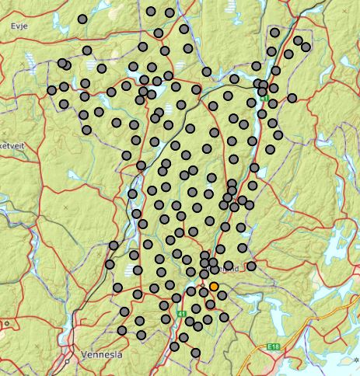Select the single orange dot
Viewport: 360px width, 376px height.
(214, 287)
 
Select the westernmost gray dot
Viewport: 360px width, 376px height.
(52, 90)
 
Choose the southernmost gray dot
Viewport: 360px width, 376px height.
(195, 353)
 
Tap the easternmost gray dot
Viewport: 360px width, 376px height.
(306, 47)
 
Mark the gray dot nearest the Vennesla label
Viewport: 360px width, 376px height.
(122, 331)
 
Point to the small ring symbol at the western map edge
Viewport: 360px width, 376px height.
(6, 322)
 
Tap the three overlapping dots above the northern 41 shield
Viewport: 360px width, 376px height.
(262, 84)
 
